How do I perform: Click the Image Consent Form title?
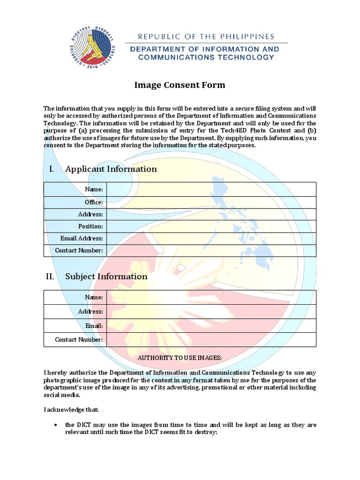click(180, 85)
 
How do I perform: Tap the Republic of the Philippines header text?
click(206, 37)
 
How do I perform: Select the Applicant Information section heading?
click(111, 169)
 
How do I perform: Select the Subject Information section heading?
click(106, 276)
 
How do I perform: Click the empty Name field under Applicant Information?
click(211, 189)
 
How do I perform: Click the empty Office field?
click(211, 202)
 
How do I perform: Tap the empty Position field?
click(211, 226)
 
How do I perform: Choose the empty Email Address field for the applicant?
click(211, 238)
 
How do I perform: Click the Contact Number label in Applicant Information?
click(79, 250)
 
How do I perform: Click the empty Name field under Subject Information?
click(211, 297)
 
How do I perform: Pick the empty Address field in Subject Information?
click(211, 311)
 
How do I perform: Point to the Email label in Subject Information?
click(94, 325)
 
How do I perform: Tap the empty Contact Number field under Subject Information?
click(211, 339)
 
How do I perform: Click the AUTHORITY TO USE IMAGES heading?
click(180, 358)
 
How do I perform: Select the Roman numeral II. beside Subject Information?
click(50, 276)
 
